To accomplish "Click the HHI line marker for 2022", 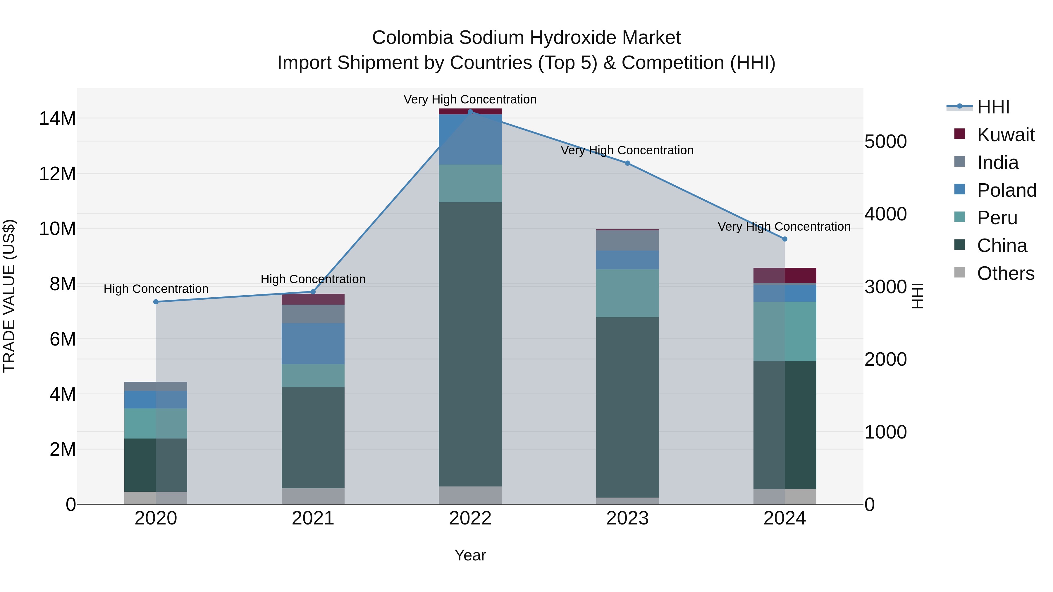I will click(x=470, y=112).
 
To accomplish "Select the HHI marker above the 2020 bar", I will click(x=156, y=302).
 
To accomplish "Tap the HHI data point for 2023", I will click(x=627, y=163).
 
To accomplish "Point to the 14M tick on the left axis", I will click(x=57, y=118).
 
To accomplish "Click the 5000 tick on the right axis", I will click(x=885, y=142).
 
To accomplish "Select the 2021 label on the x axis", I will click(x=313, y=518).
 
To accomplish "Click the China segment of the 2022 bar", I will click(x=470, y=343).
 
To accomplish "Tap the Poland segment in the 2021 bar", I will click(x=313, y=343).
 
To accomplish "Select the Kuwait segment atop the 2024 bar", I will click(x=784, y=275).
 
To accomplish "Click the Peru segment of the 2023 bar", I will click(x=627, y=293).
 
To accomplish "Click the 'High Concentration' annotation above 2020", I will click(x=156, y=289).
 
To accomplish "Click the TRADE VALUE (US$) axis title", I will click(x=9, y=296).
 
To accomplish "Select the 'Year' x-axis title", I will click(x=470, y=555).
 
